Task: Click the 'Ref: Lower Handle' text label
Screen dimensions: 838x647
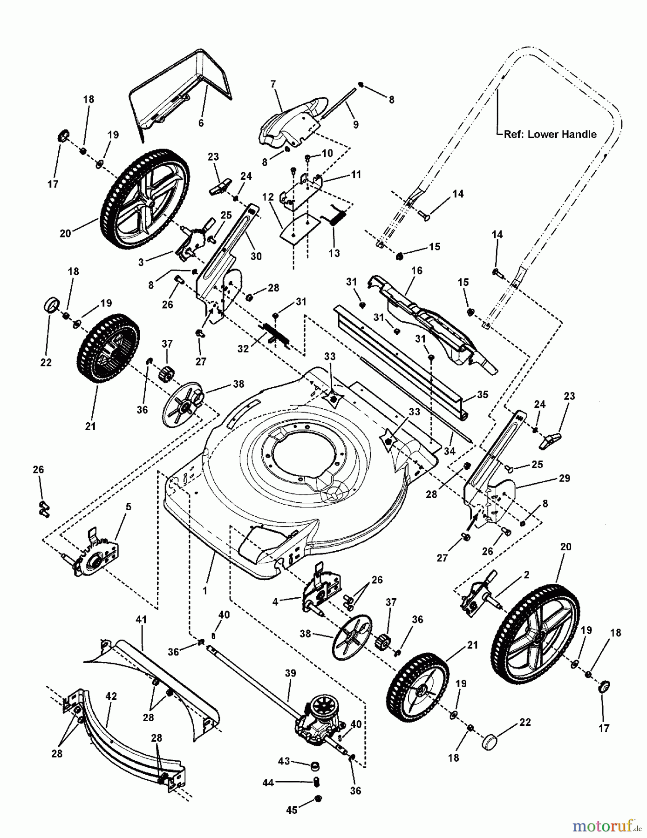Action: click(550, 134)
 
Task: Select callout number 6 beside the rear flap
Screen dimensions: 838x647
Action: click(201, 123)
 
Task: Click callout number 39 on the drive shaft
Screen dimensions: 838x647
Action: click(290, 674)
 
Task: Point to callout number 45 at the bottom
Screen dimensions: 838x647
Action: click(292, 810)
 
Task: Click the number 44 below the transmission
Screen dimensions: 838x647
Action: click(268, 783)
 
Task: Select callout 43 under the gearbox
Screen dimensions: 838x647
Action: click(284, 761)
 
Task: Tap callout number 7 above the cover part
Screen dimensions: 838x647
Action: click(273, 84)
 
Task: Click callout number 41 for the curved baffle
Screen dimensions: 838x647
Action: click(141, 620)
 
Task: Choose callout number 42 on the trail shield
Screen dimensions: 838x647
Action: click(111, 696)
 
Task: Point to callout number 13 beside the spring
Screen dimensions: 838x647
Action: click(334, 253)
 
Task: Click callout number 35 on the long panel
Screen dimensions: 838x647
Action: click(483, 395)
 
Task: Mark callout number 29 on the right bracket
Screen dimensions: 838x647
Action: click(564, 478)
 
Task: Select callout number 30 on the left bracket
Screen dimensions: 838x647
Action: click(256, 256)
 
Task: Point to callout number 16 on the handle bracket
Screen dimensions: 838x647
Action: click(416, 270)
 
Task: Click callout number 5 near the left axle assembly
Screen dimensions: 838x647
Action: click(128, 507)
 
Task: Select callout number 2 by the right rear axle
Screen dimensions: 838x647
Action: click(526, 575)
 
